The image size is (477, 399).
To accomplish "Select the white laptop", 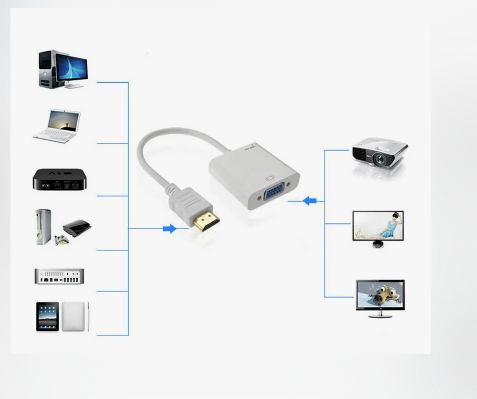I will [57, 126].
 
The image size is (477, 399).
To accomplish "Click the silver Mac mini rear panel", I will [59, 276].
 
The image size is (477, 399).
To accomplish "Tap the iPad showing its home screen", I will [48, 316].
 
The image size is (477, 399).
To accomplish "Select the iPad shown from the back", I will [73, 316].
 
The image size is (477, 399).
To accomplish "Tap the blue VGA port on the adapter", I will [270, 195].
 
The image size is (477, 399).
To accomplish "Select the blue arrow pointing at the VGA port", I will [310, 200].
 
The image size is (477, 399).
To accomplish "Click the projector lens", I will [380, 159].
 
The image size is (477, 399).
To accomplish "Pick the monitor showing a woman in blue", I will [378, 225].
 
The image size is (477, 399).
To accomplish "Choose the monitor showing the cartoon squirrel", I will [380, 294].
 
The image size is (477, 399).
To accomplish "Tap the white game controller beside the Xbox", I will [61, 241].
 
